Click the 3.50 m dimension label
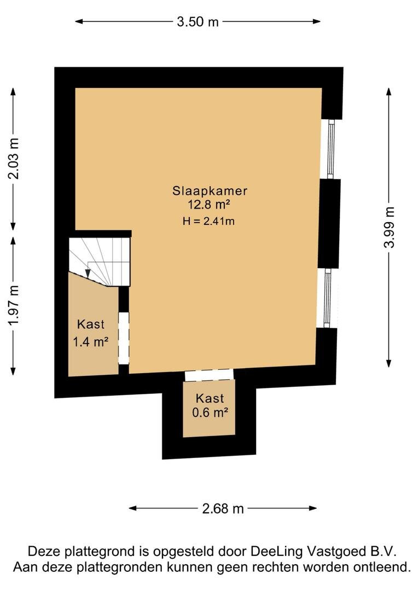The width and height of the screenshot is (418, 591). pyautogui.click(x=198, y=22)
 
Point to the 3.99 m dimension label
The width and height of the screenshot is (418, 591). pyautogui.click(x=389, y=227)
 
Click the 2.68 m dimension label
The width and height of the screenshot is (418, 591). pyautogui.click(x=223, y=508)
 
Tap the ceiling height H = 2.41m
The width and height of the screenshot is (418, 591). pyautogui.click(x=208, y=221)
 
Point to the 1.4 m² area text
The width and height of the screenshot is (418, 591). pyautogui.click(x=90, y=342)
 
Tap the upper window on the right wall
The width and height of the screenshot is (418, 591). pyautogui.click(x=330, y=149)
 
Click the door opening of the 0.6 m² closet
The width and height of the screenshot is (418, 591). pyautogui.click(x=209, y=375)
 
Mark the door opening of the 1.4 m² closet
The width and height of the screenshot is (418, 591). pyautogui.click(x=124, y=338)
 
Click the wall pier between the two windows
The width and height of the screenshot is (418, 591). pyautogui.click(x=329, y=223)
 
